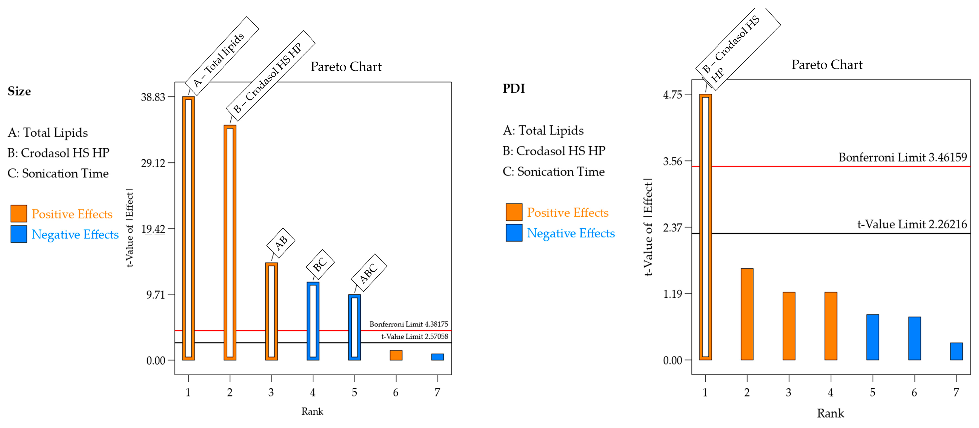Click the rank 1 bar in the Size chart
188,228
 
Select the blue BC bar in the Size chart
313,321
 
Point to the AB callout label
281,242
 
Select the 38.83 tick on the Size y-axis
153,97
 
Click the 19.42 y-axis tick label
153,229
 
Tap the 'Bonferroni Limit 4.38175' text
408,324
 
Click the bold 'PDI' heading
513,88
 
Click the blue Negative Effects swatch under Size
19,234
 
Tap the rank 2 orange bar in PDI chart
747,314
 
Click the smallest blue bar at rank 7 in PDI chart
956,351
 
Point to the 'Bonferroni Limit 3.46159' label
903,157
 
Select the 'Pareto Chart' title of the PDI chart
827,65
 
